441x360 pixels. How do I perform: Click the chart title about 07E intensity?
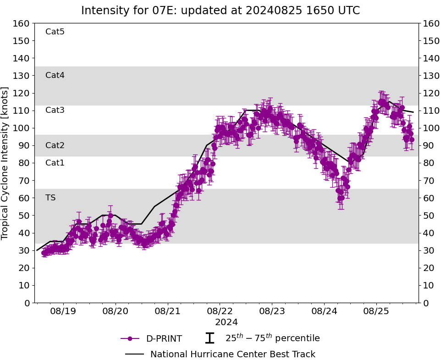220,11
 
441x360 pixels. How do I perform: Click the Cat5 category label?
55,32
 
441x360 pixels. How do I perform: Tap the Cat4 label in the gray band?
55,75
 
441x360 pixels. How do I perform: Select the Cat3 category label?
55,110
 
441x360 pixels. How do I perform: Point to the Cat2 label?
55,146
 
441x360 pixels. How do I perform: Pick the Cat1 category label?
55,163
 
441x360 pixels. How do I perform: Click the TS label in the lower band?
50,198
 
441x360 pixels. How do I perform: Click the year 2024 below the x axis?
226,322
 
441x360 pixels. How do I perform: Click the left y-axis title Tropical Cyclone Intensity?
6,163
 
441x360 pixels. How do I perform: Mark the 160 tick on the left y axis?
22,23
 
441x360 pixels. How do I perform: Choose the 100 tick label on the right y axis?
430,128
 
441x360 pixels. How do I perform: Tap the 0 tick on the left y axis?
27,303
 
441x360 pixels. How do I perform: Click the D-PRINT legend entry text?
164,339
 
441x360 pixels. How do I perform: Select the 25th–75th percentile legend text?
272,338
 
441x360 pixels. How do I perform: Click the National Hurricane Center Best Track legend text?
233,354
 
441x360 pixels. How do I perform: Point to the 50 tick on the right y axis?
428,216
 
